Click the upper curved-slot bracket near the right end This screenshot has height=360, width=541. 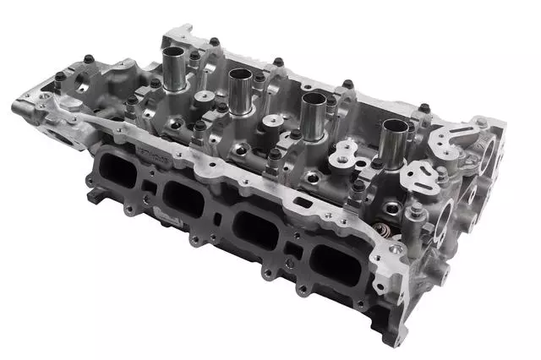click(x=456, y=135)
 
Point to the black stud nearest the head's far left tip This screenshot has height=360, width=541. click(x=60, y=78)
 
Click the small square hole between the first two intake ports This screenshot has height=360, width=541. click(x=150, y=188)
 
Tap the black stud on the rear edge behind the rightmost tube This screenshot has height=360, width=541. click(x=424, y=108)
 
